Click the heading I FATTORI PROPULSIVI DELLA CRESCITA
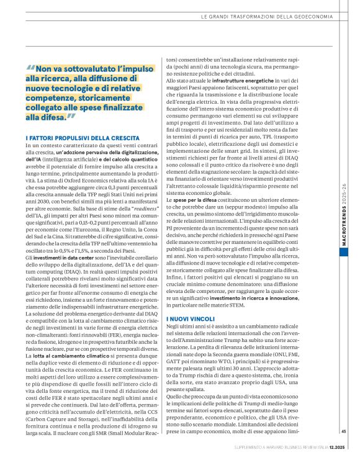(x=83, y=137)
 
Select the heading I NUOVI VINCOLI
(x=191, y=318)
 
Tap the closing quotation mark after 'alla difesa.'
(x=71, y=115)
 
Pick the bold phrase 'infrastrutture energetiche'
(x=246, y=81)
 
